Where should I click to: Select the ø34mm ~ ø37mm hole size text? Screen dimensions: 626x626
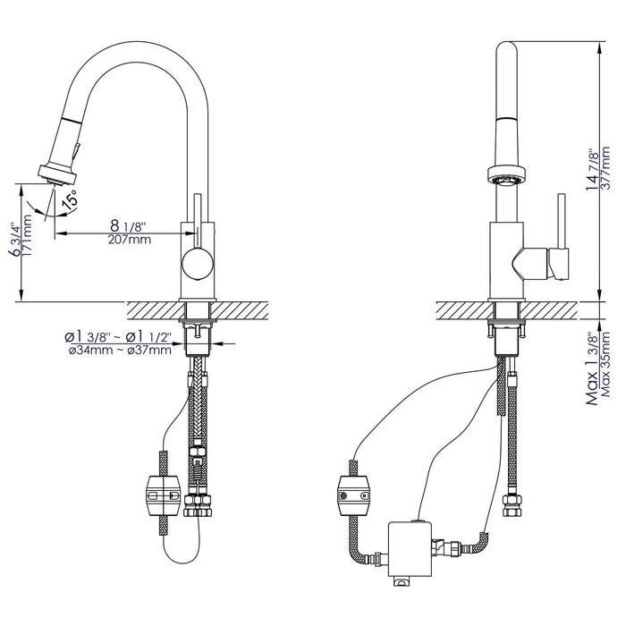pyautogui.click(x=120, y=350)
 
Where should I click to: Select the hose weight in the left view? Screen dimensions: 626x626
pyautogui.click(x=163, y=493)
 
